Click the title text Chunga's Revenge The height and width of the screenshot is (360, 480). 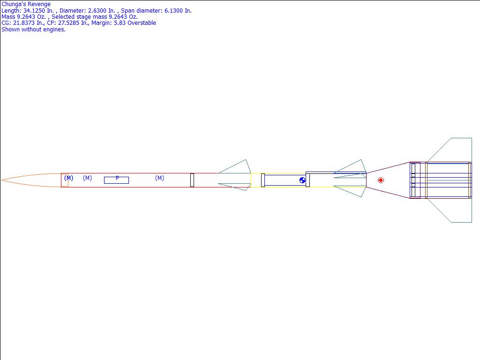coord(26,4)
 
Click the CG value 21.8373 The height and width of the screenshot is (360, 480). coord(24,23)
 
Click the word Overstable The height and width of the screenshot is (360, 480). coord(141,23)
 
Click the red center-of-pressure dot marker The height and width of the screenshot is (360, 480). coord(381,180)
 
